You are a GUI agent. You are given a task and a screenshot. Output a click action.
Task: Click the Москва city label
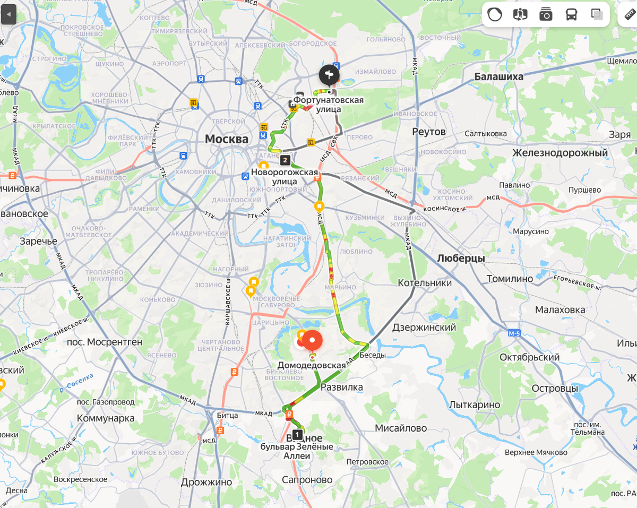click(x=227, y=139)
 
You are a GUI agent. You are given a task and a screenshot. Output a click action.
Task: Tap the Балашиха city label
click(x=498, y=76)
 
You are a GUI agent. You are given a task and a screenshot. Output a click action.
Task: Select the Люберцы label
click(x=461, y=259)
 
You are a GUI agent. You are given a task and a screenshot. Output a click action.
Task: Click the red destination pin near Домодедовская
click(x=312, y=340)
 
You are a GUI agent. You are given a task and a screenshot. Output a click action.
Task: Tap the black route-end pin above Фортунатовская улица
click(x=329, y=75)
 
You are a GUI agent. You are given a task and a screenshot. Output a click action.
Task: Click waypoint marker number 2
click(x=285, y=160)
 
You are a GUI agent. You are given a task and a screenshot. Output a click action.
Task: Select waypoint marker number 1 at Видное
click(x=297, y=435)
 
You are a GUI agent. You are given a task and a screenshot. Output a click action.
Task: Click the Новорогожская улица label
click(x=285, y=177)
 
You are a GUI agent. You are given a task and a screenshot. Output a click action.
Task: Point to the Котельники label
click(x=425, y=283)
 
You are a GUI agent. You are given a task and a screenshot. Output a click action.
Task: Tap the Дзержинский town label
click(x=424, y=328)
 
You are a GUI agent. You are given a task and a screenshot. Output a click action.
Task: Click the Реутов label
click(x=429, y=132)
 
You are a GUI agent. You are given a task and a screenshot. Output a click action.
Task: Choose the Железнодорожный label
click(x=560, y=153)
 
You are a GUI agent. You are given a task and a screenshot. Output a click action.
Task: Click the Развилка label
click(x=342, y=387)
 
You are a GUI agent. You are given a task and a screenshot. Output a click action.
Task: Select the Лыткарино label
click(x=475, y=405)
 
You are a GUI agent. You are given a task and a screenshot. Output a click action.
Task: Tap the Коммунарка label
click(x=106, y=418)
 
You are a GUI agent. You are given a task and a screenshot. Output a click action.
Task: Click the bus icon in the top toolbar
click(x=571, y=14)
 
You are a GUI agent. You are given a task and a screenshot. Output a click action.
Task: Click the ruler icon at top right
click(x=629, y=14)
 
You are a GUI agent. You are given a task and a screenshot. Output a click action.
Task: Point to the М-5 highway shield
click(x=514, y=333)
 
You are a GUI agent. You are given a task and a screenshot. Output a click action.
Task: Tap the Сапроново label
click(x=308, y=480)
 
